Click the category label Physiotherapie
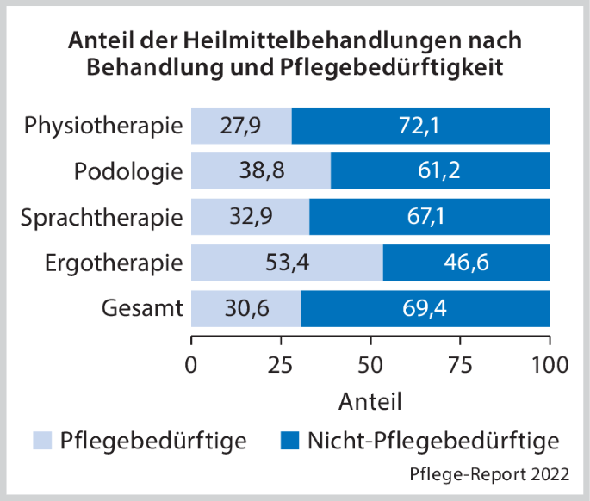pyautogui.click(x=103, y=126)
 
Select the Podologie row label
pyautogui.click(x=128, y=171)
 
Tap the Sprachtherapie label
pyautogui.click(x=102, y=217)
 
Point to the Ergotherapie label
pyautogui.click(x=114, y=263)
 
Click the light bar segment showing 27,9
pyautogui.click(x=240, y=126)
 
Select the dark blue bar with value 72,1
pyautogui.click(x=420, y=126)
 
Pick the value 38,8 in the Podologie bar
pyautogui.click(x=260, y=171)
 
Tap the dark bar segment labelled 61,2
pyautogui.click(x=440, y=171)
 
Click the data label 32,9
pyautogui.click(x=250, y=217)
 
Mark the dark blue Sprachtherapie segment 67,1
pyautogui.click(x=429, y=217)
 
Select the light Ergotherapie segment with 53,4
pyautogui.click(x=286, y=263)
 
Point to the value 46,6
pyautogui.click(x=466, y=263)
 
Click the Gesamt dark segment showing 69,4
pyautogui.click(x=425, y=308)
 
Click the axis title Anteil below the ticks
pyautogui.click(x=370, y=400)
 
